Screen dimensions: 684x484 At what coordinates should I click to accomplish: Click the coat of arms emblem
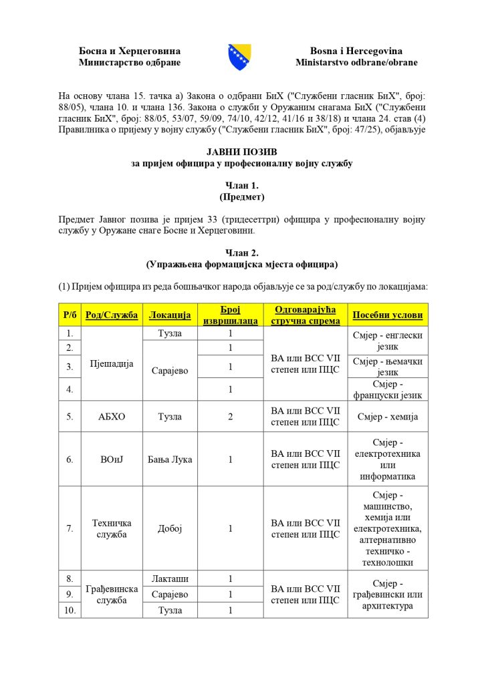point(240,57)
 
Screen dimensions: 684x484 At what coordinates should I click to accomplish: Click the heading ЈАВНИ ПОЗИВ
point(241,152)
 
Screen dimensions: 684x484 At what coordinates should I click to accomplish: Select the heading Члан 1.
point(241,185)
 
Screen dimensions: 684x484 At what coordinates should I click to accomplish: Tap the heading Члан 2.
point(241,252)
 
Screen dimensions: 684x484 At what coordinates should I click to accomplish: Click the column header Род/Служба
point(110,315)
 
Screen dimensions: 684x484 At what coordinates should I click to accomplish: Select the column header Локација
point(170,315)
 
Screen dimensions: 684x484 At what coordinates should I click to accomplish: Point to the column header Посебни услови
point(388,315)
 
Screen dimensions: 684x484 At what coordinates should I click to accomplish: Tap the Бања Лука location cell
point(170,460)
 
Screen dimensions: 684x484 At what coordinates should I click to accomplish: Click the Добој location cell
point(170,528)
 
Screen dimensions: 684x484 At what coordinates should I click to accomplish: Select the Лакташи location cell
point(170,578)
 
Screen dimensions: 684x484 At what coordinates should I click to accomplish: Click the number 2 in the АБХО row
point(230,416)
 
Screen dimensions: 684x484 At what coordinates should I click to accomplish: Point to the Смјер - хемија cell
point(388,416)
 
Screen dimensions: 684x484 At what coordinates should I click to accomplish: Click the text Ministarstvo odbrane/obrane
point(356,63)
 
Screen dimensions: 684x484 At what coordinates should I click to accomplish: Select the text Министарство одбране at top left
point(130,63)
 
